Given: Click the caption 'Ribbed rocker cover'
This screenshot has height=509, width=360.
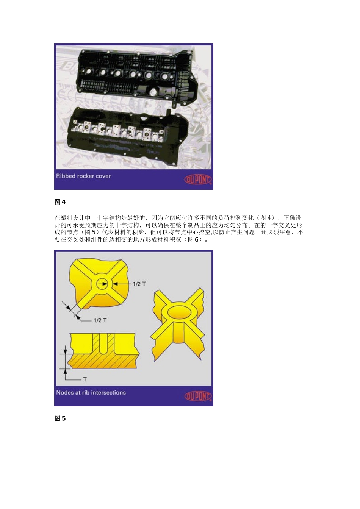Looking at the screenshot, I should pos(83,176).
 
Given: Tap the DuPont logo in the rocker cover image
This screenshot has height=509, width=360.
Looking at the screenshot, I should pos(198,179).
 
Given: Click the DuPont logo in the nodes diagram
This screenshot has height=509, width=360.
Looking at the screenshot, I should pos(198,396).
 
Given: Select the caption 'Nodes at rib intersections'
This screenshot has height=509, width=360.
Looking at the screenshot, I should pos(91,393).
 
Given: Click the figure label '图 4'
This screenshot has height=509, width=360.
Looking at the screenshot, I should pos(60,202).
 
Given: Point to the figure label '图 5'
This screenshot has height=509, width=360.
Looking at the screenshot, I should pos(60,418).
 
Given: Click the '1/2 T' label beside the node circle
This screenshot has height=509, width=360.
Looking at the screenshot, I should pos(139,284).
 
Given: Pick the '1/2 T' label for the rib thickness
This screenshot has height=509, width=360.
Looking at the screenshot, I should pos(100,320).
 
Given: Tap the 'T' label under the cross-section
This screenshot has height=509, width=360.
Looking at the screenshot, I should pos(85,379).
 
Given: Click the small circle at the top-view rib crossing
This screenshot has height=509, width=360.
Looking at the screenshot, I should pos(102,283).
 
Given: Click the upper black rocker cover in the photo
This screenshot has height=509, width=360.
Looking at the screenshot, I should pos(136,76).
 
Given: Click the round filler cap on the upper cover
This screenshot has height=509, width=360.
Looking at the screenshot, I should pos(153,92).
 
